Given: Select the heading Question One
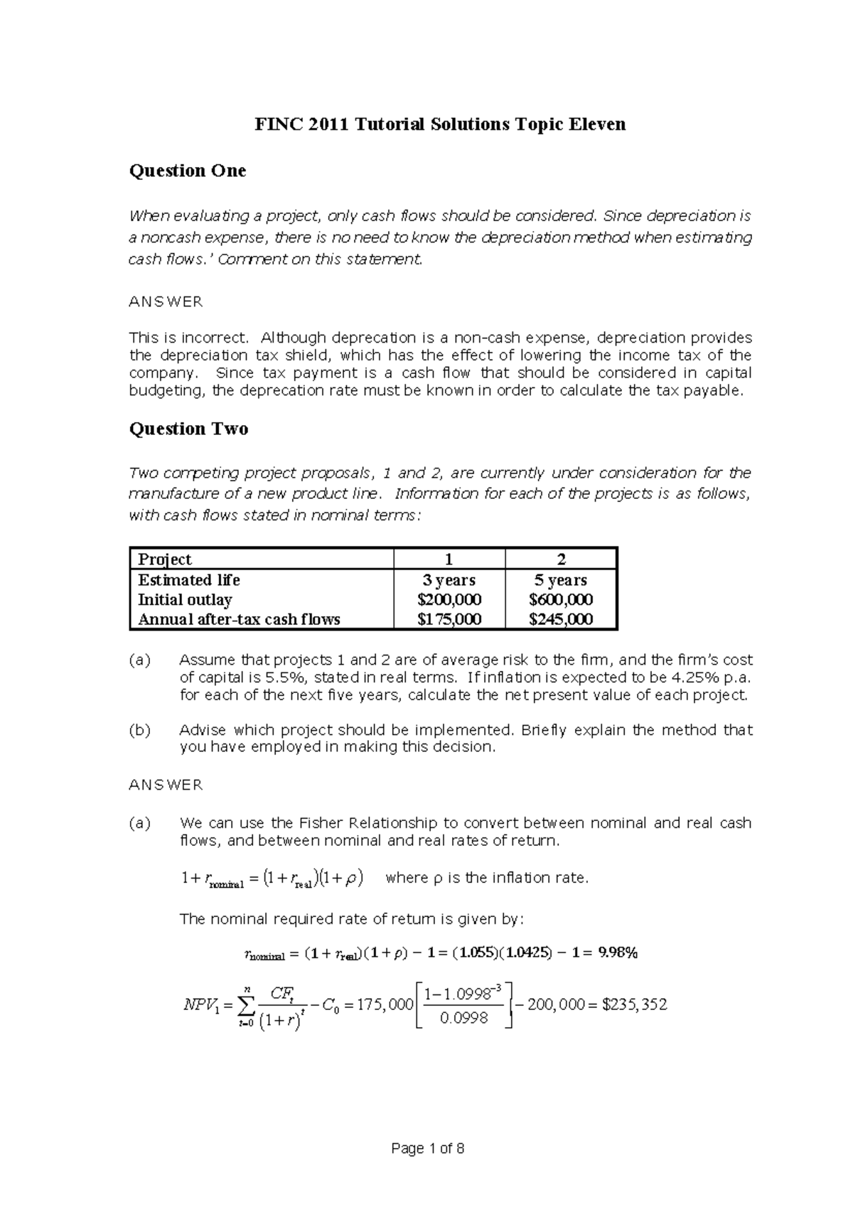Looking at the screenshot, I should coord(187,171).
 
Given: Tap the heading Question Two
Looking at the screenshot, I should coord(188,429).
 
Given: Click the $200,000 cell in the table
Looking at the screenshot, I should coord(449,599).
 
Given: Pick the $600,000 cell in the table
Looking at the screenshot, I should coord(561,599).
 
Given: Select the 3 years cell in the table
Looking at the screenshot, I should coord(449,580).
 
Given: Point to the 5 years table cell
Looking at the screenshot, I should coord(561,580).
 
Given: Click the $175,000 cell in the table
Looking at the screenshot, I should coord(449,619).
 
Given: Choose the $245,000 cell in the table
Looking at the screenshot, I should coord(561,619).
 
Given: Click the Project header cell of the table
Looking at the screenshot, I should coord(165,559).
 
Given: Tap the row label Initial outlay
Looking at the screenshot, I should coord(185,599).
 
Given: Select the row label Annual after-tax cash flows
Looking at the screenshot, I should coord(239,619).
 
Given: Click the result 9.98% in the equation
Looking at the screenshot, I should coord(618,953).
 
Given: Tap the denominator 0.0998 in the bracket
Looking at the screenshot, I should coord(463,1019).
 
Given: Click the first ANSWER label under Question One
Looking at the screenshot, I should coord(165,302).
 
